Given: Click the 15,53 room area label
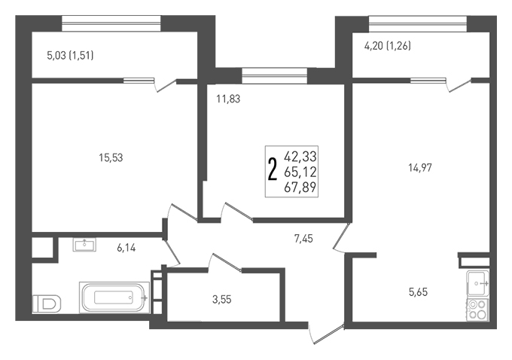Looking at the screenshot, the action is [x=111, y=158].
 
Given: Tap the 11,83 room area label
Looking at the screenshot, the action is [x=228, y=99].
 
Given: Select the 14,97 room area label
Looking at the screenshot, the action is [x=420, y=168].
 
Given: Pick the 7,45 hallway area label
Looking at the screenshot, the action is [x=303, y=239].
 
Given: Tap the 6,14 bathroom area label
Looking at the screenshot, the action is [x=126, y=249].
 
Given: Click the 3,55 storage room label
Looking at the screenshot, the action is [x=221, y=299].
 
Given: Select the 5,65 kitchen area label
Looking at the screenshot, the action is [x=418, y=291].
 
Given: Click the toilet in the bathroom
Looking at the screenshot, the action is [x=47, y=304].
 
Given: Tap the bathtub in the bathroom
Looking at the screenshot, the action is [x=114, y=297].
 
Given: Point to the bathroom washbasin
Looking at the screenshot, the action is [x=84, y=245].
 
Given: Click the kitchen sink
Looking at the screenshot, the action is [x=477, y=283].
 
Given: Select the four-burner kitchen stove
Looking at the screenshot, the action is [x=477, y=310].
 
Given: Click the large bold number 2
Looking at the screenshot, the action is [x=272, y=169].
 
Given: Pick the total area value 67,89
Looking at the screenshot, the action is [x=300, y=188].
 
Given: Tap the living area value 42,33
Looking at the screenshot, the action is [x=300, y=157].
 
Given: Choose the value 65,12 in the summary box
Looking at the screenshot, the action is [x=300, y=172].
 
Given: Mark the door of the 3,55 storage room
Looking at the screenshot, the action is [x=225, y=262].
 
